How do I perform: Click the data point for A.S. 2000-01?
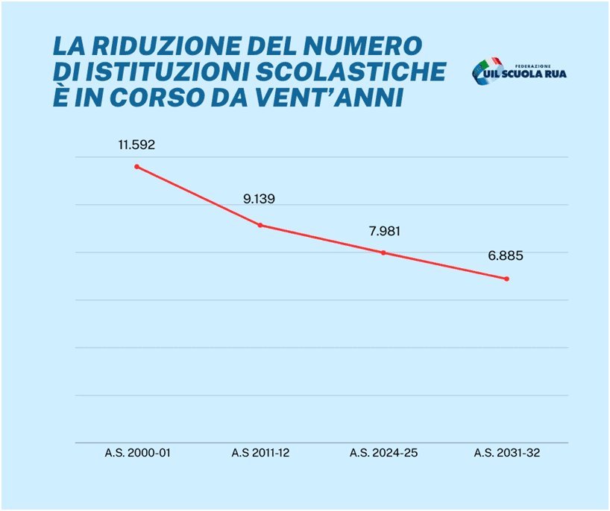click(x=136, y=166)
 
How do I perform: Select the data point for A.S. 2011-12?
click(x=260, y=225)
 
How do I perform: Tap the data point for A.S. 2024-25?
click(x=383, y=253)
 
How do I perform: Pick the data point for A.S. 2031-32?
click(x=507, y=279)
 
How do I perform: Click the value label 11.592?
click(x=136, y=145)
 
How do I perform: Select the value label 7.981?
click(x=384, y=231)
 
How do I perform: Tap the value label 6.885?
click(x=506, y=256)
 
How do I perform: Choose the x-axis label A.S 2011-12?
click(x=260, y=452)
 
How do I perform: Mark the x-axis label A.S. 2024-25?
click(x=383, y=452)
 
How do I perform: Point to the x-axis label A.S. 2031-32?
click(x=507, y=452)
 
